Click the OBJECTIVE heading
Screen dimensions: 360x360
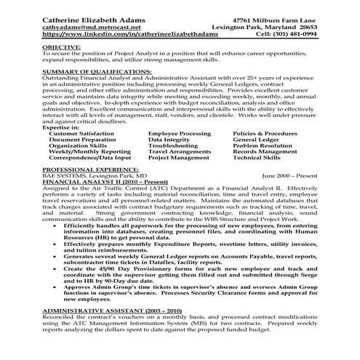(62, 45)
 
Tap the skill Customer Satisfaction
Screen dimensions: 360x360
(83, 113)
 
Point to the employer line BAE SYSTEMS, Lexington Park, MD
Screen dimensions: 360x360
(85, 175)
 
